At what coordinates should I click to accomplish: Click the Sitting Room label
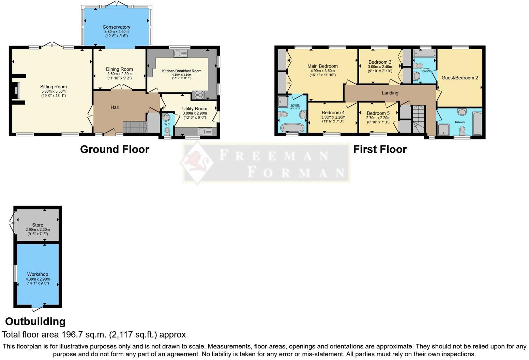point(54,87)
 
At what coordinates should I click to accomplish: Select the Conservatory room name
point(116,27)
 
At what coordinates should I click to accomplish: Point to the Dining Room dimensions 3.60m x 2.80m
point(119,74)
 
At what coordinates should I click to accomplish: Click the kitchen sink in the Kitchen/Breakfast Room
point(180,53)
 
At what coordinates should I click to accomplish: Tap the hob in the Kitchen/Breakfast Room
point(199,94)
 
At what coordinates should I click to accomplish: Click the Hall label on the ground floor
point(115,107)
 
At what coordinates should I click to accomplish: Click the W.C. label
point(167,124)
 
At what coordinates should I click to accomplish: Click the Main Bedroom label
point(322,66)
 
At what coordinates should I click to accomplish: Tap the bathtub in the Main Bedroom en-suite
point(292,128)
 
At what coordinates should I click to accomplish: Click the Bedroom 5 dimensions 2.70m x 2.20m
point(378,118)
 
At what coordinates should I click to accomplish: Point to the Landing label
point(390,93)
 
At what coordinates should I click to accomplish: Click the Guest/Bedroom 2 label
point(459,78)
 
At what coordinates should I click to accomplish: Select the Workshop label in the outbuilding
point(37,274)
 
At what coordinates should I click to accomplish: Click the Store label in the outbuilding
point(37,225)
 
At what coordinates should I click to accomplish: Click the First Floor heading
point(380,149)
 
